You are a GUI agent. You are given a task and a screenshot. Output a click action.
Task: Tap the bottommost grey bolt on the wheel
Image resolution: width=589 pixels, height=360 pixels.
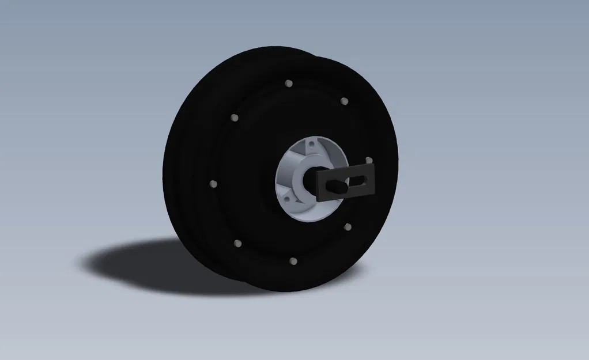pos(292,262)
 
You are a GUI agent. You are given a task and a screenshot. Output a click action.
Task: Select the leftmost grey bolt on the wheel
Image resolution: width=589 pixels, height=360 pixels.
pos(213,184)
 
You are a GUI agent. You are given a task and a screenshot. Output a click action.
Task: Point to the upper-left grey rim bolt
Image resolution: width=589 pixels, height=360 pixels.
pos(234,118)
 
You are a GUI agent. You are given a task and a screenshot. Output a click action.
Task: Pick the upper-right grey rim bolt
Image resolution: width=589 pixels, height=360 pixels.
pos(344,101)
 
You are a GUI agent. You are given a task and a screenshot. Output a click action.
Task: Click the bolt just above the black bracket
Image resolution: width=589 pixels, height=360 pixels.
pos(369,160)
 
